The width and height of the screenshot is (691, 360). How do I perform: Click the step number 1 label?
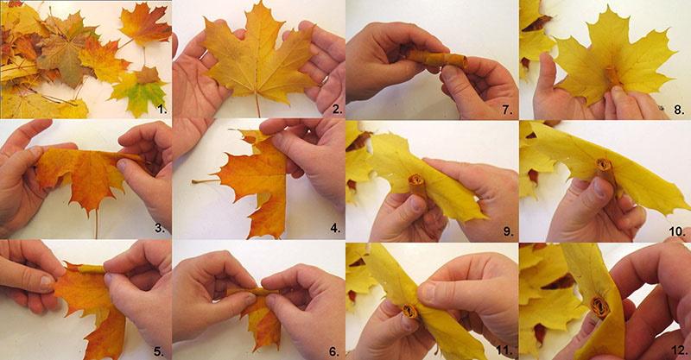pos(162,109)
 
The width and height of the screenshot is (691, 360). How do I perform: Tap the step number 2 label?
pos(337,109)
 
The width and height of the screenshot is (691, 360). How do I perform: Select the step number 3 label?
pos(160,228)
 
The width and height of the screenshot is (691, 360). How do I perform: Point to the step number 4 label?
pos(335,228)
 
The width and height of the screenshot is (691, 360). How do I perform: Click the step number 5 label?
pos(159,351)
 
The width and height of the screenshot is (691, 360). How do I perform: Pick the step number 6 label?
pos(334,351)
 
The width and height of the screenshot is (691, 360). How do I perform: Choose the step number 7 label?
pos(508,110)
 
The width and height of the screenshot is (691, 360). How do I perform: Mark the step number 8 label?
pos(679,110)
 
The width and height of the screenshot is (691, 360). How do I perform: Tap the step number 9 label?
pos(508,231)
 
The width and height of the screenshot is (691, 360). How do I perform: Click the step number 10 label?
pos(677,231)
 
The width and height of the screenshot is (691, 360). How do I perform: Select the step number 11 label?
pos(504,351)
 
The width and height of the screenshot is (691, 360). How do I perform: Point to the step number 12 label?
pos(679,350)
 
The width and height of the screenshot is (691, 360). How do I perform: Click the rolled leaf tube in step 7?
pos(436,59)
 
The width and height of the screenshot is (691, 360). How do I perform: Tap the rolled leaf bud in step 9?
pos(417,185)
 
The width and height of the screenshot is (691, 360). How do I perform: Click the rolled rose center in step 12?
pos(599,307)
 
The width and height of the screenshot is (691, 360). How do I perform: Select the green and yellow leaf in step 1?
pos(139,90)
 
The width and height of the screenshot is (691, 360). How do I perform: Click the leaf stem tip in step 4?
pos(193,181)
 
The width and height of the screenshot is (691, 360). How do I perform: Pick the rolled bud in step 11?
pos(410,311)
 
